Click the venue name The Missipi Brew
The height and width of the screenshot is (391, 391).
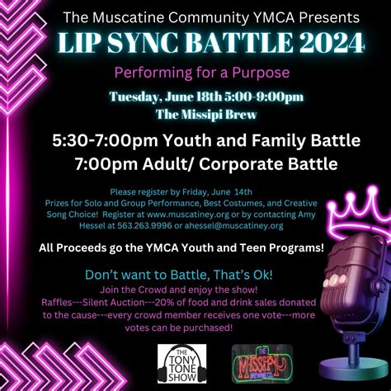[195, 114]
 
